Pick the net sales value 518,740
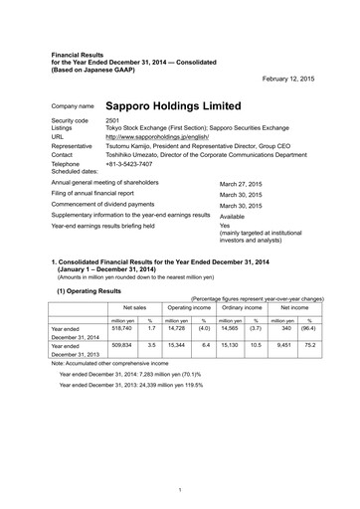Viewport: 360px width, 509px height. click(x=119, y=301)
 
